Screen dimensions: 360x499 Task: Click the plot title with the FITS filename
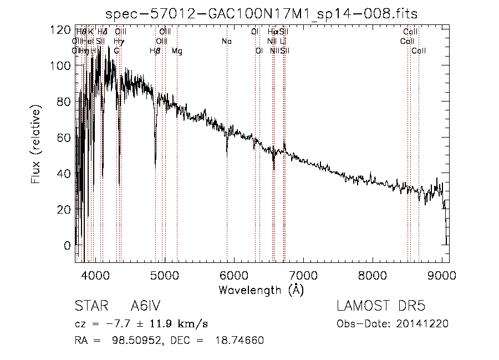tap(261, 14)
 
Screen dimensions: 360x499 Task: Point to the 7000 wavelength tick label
tap(303, 275)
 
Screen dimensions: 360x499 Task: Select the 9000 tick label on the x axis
tap(441, 275)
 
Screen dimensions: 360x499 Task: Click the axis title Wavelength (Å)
tap(261, 290)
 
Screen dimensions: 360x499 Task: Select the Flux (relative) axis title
tap(36, 146)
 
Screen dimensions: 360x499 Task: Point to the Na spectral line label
tap(226, 42)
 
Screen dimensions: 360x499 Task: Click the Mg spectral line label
tap(176, 51)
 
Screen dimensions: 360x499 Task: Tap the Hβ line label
tap(155, 51)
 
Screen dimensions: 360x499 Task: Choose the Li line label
tap(283, 42)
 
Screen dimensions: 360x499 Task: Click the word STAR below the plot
tap(89, 307)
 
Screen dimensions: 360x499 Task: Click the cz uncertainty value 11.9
tap(162, 324)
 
